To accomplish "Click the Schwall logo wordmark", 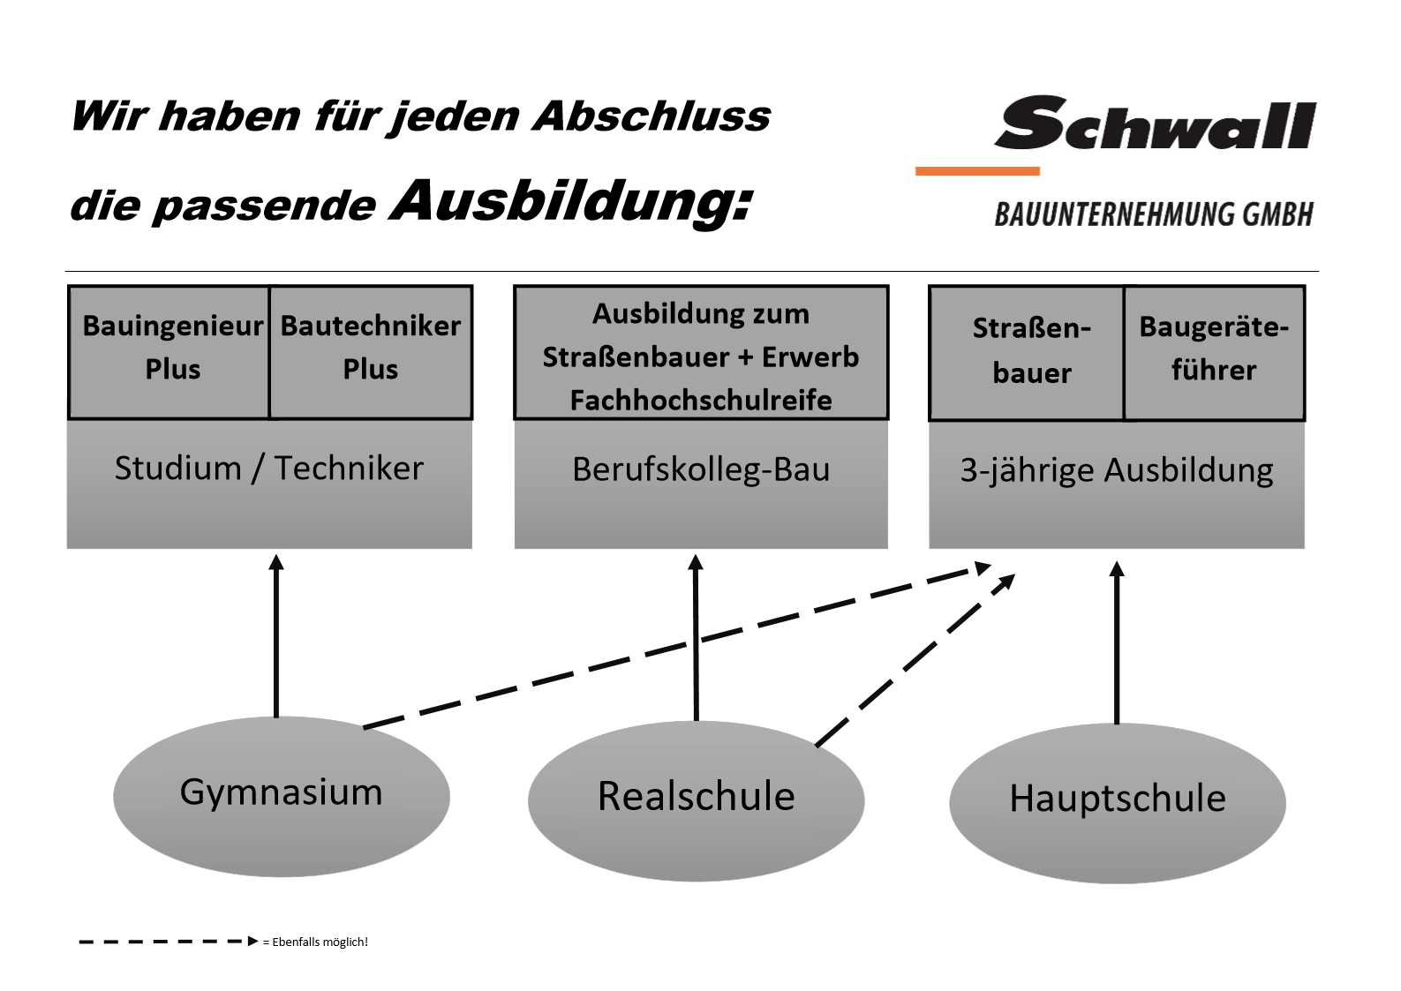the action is pyautogui.click(x=1155, y=124).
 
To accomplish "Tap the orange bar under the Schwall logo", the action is pyautogui.click(x=977, y=170).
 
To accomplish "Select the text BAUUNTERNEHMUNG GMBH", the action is pyautogui.click(x=1153, y=214).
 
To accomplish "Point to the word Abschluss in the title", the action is pyautogui.click(x=652, y=116).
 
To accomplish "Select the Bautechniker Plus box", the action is pyautogui.click(x=370, y=353).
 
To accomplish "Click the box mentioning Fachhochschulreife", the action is pyautogui.click(x=701, y=353).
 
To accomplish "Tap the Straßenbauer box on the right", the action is pyautogui.click(x=1027, y=353).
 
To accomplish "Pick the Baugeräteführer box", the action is pyautogui.click(x=1214, y=353).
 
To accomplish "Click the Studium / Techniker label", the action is pyautogui.click(x=269, y=469).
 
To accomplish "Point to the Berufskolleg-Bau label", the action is pyautogui.click(x=701, y=469).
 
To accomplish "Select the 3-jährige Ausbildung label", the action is pyautogui.click(x=1117, y=471).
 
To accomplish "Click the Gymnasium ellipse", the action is pyautogui.click(x=282, y=796).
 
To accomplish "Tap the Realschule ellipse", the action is pyautogui.click(x=697, y=800).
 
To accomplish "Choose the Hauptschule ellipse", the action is pyautogui.click(x=1118, y=803).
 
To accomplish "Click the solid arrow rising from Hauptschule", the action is pyautogui.click(x=1117, y=642).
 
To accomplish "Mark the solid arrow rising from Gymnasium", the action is pyautogui.click(x=276, y=635).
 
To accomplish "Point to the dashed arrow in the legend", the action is pyautogui.click(x=169, y=941).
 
